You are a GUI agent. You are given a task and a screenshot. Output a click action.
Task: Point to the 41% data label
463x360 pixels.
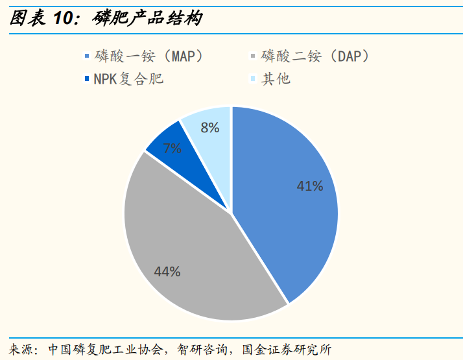(x=309, y=186)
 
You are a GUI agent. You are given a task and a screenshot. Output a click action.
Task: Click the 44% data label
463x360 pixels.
(x=167, y=272)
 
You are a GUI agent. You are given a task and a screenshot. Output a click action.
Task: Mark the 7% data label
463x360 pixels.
(x=172, y=148)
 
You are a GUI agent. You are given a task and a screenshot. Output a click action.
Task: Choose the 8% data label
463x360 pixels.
(x=209, y=128)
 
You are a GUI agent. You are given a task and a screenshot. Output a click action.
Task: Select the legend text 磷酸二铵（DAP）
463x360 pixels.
(x=316, y=56)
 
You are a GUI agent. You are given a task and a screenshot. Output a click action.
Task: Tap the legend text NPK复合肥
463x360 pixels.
(x=127, y=79)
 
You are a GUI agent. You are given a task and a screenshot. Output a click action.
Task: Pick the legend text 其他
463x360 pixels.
(x=276, y=79)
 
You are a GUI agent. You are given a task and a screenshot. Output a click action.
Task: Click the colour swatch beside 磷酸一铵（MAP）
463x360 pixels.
(x=88, y=57)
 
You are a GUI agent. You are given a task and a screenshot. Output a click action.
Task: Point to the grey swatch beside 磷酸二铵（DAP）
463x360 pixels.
(x=253, y=57)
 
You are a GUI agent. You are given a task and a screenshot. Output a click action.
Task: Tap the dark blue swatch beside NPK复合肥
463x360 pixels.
(x=88, y=80)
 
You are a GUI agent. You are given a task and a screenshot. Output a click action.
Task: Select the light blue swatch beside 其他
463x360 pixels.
(x=253, y=80)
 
